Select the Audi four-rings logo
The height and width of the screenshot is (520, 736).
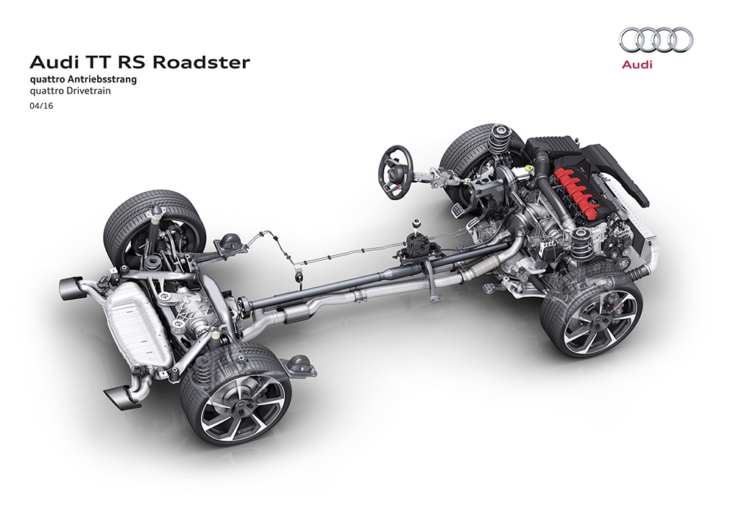pos(656,40)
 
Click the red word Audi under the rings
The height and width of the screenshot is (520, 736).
pos(637,64)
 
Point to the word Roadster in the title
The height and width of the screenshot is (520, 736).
pos(201,63)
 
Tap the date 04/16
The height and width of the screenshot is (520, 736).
pos(41,106)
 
